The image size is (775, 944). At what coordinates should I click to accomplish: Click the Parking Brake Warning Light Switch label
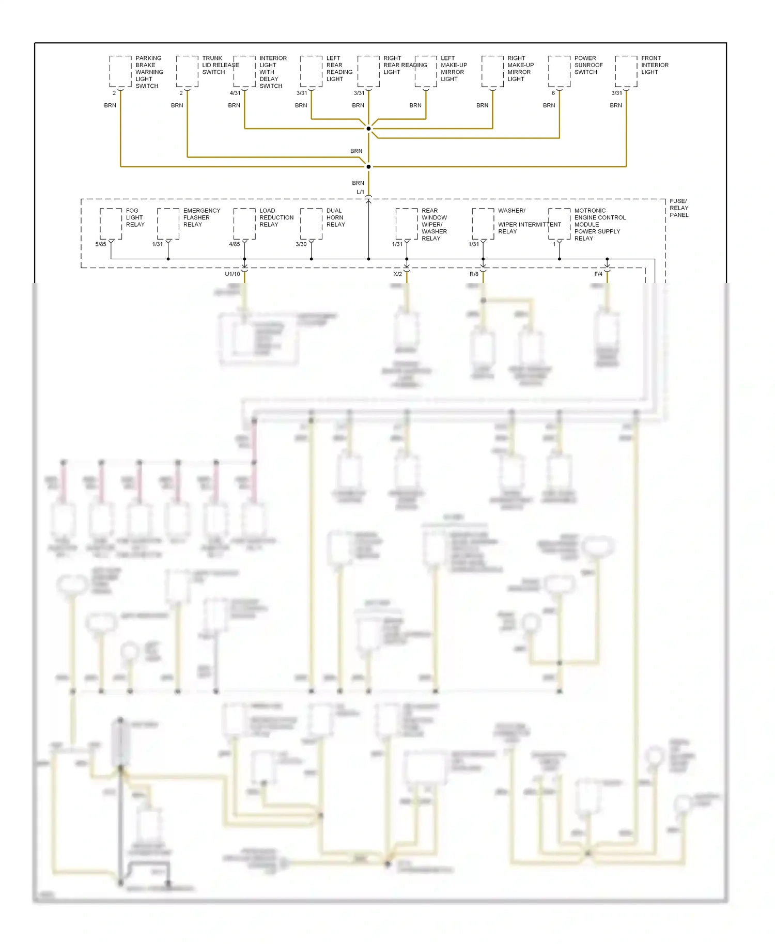[149, 72]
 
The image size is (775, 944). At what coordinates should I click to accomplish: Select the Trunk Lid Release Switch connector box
[187, 71]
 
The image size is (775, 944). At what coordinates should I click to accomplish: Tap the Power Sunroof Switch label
[588, 65]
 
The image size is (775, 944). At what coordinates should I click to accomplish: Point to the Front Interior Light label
[654, 65]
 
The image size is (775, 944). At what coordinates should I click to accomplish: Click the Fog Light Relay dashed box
[111, 224]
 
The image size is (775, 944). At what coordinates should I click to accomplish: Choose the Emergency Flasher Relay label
[201, 217]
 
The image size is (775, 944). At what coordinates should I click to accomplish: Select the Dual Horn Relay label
[335, 217]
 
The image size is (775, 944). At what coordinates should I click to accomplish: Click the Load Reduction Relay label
[276, 217]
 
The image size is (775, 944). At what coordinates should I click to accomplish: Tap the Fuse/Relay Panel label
[678, 208]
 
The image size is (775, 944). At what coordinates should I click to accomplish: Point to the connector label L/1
[360, 192]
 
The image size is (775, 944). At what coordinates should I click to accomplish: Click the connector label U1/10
[233, 274]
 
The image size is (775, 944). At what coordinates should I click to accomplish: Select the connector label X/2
[397, 274]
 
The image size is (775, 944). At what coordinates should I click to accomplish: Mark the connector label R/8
[474, 274]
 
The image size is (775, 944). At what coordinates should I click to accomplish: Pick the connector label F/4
[598, 274]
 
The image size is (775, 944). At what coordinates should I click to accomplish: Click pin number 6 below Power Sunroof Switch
[553, 93]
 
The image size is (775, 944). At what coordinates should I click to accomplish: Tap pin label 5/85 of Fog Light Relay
[100, 244]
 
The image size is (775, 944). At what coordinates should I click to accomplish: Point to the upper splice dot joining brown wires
[368, 129]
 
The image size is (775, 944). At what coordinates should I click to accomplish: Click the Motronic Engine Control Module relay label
[599, 224]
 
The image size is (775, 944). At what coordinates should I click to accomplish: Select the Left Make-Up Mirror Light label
[453, 69]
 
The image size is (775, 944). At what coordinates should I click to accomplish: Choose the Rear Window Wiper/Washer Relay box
[407, 224]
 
